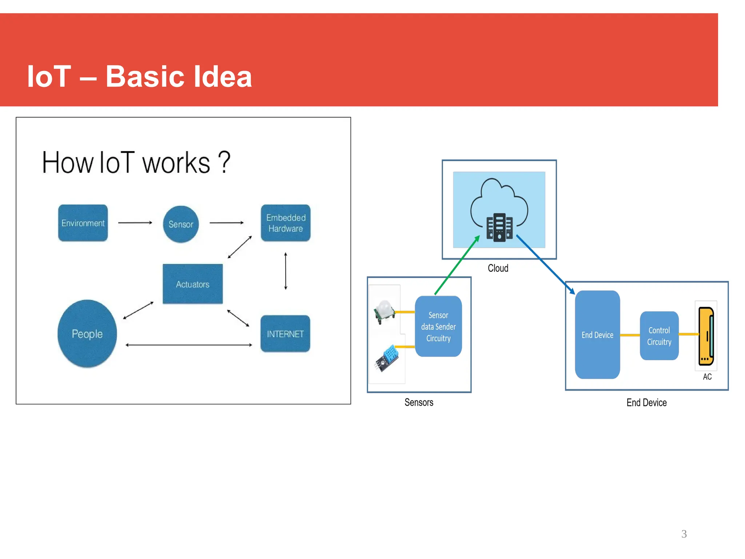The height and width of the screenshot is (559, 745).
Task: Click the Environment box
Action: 83,223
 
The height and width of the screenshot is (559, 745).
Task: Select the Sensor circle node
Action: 181,224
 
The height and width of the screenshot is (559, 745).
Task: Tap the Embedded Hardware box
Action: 286,223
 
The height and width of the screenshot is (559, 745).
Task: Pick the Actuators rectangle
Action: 192,284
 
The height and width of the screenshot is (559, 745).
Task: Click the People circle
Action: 87,333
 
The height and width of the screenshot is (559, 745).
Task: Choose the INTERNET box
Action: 285,334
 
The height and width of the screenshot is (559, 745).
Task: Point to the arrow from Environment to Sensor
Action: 135,222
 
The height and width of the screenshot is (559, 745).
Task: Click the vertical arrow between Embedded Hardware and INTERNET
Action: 286,271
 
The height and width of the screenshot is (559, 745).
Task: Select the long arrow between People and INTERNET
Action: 188,345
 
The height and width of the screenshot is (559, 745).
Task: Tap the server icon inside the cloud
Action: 499,227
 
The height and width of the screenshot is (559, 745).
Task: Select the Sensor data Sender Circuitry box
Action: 438,326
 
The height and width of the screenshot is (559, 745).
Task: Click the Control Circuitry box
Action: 659,336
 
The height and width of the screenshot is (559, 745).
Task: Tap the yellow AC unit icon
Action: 706,336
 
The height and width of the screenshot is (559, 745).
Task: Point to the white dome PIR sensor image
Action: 385,312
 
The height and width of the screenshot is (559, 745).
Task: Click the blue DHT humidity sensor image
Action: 387,358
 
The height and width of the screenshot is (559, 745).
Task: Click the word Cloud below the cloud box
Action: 498,268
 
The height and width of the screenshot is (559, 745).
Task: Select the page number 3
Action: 684,534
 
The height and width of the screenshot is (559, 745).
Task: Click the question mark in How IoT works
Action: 224,162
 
